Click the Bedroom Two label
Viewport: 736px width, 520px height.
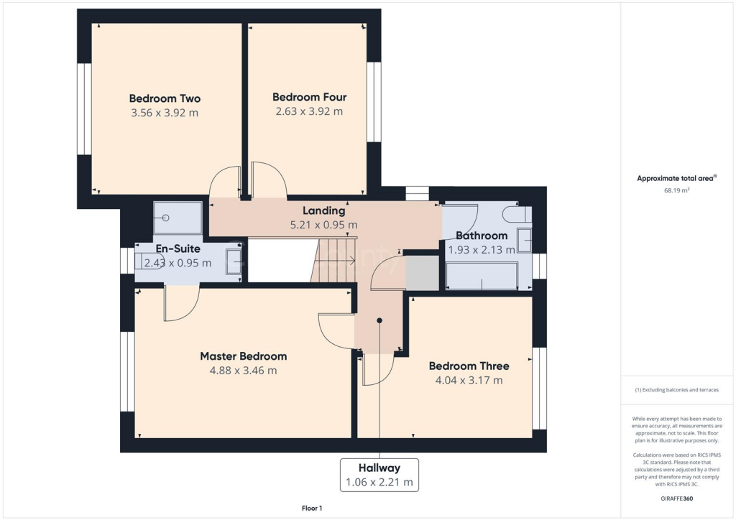[x=165, y=98]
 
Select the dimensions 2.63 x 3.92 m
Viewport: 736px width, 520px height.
[x=309, y=111]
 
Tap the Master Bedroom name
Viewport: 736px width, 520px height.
[x=243, y=356]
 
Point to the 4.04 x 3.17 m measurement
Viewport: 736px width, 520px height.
[x=468, y=380]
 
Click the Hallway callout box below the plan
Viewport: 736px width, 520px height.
[x=379, y=475]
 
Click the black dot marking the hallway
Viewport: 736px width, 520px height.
[x=379, y=321]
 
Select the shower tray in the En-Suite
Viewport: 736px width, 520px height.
[x=178, y=218]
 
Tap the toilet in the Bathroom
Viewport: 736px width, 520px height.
[x=517, y=214]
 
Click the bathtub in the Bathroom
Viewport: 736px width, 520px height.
[x=482, y=275]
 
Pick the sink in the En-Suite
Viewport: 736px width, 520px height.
[x=234, y=261]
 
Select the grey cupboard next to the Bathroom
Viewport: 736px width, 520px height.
[x=422, y=273]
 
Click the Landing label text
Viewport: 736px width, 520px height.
[x=323, y=211]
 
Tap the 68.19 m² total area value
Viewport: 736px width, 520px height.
[x=676, y=191]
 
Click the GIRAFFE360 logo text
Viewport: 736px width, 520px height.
[x=676, y=498]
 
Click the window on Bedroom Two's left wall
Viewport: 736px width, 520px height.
[x=84, y=109]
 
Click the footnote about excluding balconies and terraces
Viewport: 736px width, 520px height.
[x=676, y=390]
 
